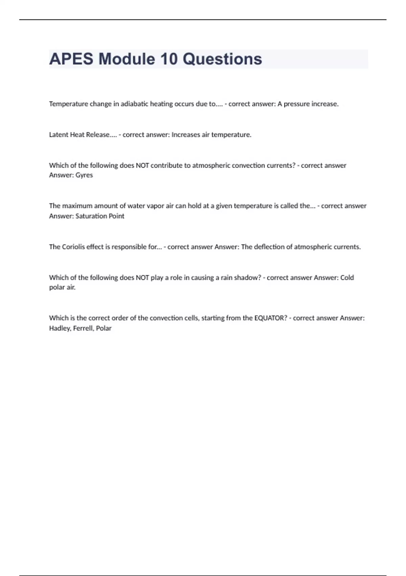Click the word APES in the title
pyautogui.click(x=71, y=59)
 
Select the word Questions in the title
pyautogui.click(x=222, y=59)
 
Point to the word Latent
pyautogui.click(x=59, y=135)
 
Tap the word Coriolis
pyautogui.click(x=73, y=247)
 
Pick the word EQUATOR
pyautogui.click(x=270, y=318)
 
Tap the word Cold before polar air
pyautogui.click(x=347, y=277)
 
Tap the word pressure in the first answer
pyautogui.click(x=296, y=104)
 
